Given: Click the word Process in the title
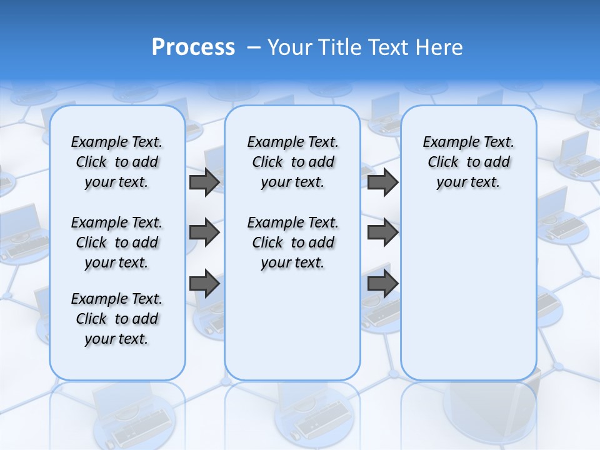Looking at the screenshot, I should pyautogui.click(x=193, y=47).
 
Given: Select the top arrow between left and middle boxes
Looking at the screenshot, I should pyautogui.click(x=204, y=182).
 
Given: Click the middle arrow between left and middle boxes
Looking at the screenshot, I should pyautogui.click(x=204, y=233).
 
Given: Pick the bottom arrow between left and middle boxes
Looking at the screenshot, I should pyautogui.click(x=204, y=284).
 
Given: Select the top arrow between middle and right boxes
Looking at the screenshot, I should pyautogui.click(x=382, y=182).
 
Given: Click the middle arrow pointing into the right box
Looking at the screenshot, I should pyautogui.click(x=382, y=233).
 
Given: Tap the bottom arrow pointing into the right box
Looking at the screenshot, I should pyautogui.click(x=382, y=284).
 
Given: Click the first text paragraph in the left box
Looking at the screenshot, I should pyautogui.click(x=117, y=162).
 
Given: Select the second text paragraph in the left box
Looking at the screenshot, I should pyautogui.click(x=117, y=242).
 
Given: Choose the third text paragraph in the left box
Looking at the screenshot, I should pyautogui.click(x=117, y=319).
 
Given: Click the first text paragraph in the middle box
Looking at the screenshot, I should pyautogui.click(x=292, y=162).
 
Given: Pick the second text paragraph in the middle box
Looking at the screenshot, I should pyautogui.click(x=292, y=242).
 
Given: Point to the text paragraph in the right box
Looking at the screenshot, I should pyautogui.click(x=468, y=162).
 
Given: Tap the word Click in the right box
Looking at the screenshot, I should pyautogui.click(x=443, y=162).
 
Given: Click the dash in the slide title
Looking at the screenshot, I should pyautogui.click(x=254, y=47).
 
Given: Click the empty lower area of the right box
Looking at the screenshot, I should pyautogui.click(x=468, y=300).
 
